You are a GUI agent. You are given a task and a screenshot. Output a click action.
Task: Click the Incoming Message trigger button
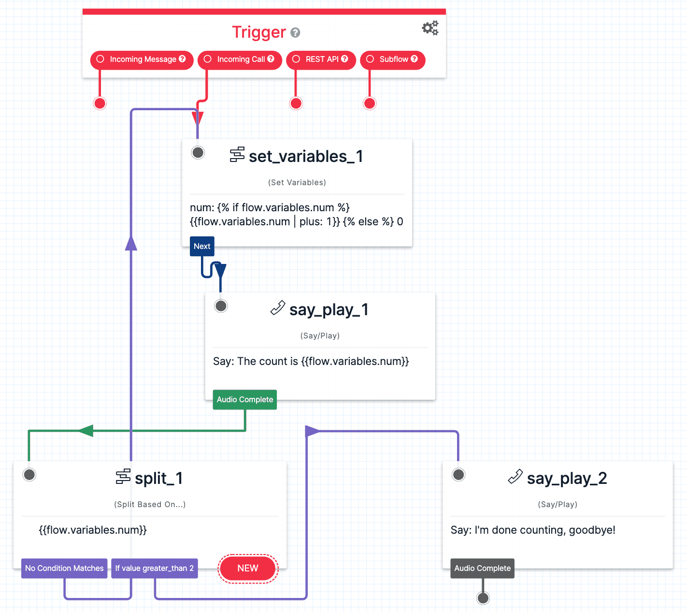(142, 59)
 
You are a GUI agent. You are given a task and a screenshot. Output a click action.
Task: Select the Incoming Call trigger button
(240, 59)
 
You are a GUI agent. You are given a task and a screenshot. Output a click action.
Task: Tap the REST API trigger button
(321, 59)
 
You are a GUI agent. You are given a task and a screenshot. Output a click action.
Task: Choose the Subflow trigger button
(393, 59)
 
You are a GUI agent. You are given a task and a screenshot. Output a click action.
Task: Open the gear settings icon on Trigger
(429, 28)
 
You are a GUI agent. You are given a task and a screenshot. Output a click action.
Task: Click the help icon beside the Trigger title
(295, 32)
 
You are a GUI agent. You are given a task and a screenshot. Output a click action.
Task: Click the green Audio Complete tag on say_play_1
(245, 400)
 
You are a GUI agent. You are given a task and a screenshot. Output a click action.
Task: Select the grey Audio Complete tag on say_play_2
(482, 568)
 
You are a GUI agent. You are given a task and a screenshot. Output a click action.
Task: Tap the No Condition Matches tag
(64, 568)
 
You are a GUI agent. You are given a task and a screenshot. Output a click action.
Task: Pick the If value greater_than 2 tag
(155, 568)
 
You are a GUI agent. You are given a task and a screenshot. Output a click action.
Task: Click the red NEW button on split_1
(248, 568)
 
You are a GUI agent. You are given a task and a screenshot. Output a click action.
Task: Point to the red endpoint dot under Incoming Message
(100, 103)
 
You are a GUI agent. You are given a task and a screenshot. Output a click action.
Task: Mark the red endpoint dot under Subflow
(370, 103)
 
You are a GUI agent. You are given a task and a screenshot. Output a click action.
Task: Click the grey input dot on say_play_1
(221, 306)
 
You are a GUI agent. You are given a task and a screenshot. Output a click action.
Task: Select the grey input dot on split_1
(29, 475)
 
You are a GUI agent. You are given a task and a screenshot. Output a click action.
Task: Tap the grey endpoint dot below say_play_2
(483, 598)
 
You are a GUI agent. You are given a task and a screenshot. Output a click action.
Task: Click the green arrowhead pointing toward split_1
(86, 430)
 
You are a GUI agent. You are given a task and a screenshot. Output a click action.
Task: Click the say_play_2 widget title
(567, 478)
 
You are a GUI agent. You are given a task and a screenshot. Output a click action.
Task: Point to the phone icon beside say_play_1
(278, 308)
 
